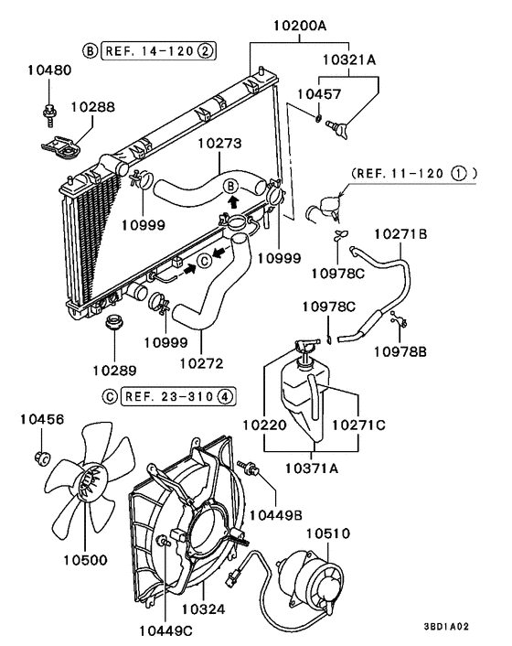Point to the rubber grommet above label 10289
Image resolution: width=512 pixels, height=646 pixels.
click(115, 323)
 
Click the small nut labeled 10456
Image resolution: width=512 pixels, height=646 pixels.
click(41, 455)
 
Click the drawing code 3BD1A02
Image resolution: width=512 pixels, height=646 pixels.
click(447, 627)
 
